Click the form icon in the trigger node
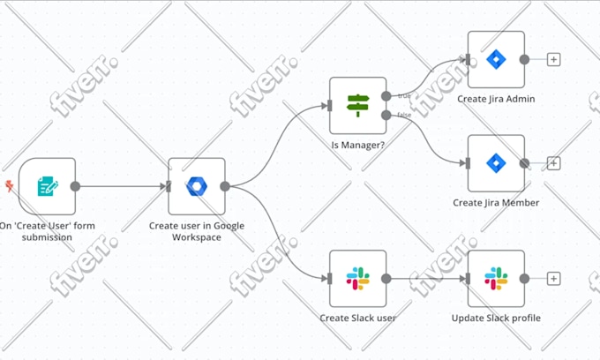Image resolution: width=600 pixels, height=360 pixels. (48, 186)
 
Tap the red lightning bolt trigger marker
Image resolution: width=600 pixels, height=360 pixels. (9, 186)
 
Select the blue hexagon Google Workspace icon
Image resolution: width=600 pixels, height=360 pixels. (197, 186)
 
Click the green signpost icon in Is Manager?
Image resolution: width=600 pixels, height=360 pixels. (357, 105)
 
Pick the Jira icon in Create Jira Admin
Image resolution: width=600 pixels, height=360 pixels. (496, 59)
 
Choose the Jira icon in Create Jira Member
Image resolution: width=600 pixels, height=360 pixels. (496, 163)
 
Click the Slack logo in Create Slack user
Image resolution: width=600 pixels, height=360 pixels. (357, 278)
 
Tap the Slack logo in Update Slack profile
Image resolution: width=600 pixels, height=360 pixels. (496, 278)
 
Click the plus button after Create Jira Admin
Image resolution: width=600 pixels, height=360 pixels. (554, 59)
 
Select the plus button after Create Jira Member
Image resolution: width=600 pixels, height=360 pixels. (554, 163)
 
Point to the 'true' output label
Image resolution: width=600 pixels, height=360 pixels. (404, 95)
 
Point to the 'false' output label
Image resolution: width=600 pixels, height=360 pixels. (404, 115)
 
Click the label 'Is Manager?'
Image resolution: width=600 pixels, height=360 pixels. (357, 146)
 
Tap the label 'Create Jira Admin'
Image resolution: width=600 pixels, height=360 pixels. (496, 99)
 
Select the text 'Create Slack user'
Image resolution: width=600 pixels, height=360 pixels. (357, 318)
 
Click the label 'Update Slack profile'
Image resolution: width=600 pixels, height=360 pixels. (496, 318)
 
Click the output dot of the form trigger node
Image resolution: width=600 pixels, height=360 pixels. (75, 186)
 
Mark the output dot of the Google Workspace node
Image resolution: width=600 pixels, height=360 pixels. (225, 186)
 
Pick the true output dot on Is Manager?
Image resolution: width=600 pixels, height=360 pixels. (386, 96)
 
